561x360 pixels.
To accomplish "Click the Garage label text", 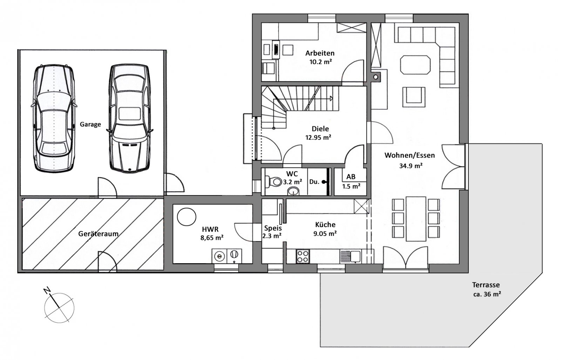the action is coord(90,124).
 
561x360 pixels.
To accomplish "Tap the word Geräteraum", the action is coord(98,234).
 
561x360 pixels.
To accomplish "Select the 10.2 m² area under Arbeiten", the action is coord(320,61).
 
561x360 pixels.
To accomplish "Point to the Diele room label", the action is coord(320,129).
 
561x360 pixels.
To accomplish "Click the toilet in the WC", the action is coord(274,181).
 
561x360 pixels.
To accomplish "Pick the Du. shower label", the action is coord(314,182).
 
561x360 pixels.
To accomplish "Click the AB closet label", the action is coord(351,177).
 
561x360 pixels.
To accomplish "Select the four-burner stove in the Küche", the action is coord(303,256).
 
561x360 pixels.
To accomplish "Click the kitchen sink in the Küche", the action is coord(350,256).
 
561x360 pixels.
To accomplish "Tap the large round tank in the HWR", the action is coord(186,217).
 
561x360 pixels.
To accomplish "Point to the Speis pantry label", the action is coord(273,228).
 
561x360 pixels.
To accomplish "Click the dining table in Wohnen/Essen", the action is coord(416,219).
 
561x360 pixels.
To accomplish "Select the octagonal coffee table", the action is coord(415,65).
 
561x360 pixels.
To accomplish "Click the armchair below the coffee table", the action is coord(414,97).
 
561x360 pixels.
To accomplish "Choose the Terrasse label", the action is coord(486,285).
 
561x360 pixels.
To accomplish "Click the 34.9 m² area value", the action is coord(411,166).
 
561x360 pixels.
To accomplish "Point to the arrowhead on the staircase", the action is coord(331,99).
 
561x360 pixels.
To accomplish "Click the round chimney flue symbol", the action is coord(376,77).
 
